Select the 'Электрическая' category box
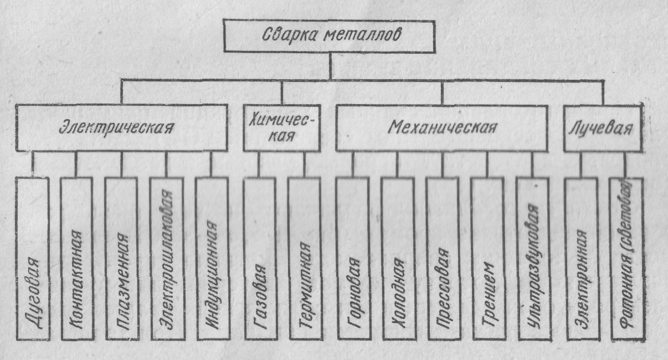click(122, 128)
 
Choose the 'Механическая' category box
click(441, 128)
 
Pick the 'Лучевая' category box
click(602, 128)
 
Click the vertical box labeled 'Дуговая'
click(32, 259)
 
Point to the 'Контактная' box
click(76, 259)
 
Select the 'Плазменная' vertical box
click(121, 259)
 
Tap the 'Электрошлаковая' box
click(166, 259)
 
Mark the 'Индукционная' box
click(211, 259)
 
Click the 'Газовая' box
click(259, 259)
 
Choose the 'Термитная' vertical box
click(304, 259)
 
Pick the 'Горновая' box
click(352, 259)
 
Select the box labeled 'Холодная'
click(397, 259)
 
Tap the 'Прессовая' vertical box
click(442, 259)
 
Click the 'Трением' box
click(487, 259)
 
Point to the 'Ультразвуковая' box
click(532, 259)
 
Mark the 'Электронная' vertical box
click(580, 259)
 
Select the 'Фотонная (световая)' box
click(626, 259)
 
